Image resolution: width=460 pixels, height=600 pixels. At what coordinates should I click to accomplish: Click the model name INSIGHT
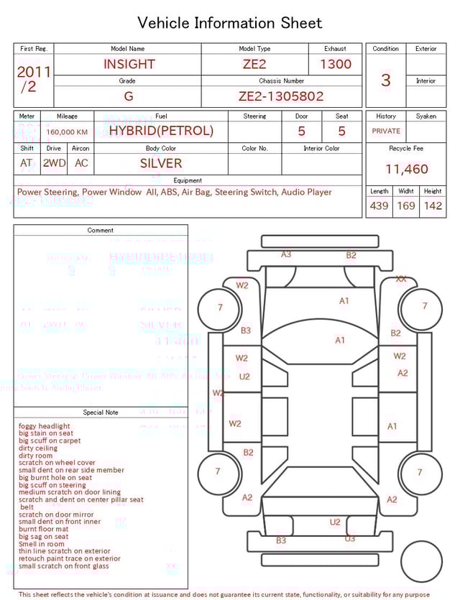click(x=129, y=64)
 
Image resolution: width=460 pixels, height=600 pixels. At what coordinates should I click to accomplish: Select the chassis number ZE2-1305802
click(x=281, y=96)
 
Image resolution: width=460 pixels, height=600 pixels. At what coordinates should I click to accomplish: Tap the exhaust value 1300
click(x=336, y=64)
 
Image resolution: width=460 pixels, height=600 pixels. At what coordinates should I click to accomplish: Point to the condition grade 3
click(x=385, y=80)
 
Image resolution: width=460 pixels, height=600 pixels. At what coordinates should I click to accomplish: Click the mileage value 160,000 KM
click(x=67, y=132)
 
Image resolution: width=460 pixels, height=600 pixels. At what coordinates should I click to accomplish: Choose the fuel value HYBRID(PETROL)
click(x=161, y=131)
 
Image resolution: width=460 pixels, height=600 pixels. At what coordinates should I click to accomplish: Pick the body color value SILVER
click(x=161, y=163)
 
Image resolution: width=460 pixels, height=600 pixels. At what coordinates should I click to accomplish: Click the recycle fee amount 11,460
click(x=406, y=170)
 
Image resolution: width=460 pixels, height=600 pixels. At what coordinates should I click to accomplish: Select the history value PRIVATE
click(x=386, y=131)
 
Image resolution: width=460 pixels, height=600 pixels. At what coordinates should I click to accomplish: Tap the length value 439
click(x=379, y=206)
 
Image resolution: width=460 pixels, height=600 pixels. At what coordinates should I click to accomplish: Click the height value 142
click(x=433, y=206)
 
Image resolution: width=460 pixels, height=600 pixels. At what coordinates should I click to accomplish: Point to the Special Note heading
click(x=101, y=412)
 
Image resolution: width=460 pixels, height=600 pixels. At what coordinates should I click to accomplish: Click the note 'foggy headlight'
click(x=45, y=426)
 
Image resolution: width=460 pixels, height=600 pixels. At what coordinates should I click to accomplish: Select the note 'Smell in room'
click(x=42, y=544)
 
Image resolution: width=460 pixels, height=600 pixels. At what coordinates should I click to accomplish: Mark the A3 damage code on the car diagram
click(x=286, y=254)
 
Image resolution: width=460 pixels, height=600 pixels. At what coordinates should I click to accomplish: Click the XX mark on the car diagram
click(x=401, y=279)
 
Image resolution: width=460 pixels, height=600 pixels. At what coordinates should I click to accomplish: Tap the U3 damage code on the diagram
click(x=350, y=538)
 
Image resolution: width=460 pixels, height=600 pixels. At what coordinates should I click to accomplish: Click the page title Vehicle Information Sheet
click(x=230, y=23)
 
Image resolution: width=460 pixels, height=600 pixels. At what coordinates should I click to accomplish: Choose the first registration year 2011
click(x=34, y=73)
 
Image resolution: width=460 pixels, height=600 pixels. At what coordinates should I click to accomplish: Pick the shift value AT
click(x=27, y=163)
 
